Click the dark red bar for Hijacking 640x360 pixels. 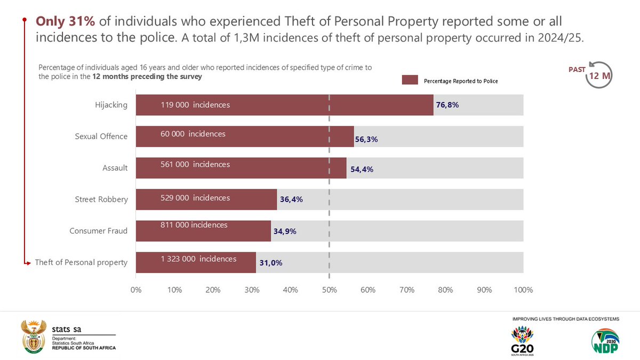point(284,105)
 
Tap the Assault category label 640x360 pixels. point(115,168)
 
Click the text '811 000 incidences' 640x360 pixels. point(194,225)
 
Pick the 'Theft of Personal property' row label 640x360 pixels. point(81,262)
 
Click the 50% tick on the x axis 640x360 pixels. point(329,290)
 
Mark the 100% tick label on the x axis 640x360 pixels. point(523,290)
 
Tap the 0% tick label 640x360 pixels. point(136,290)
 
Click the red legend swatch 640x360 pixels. point(410,80)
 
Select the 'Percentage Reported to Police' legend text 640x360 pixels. point(460,81)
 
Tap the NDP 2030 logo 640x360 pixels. point(605,341)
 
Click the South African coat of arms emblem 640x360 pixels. point(34,337)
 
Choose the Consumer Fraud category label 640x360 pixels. point(98,231)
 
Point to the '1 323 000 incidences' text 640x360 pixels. point(198,259)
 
